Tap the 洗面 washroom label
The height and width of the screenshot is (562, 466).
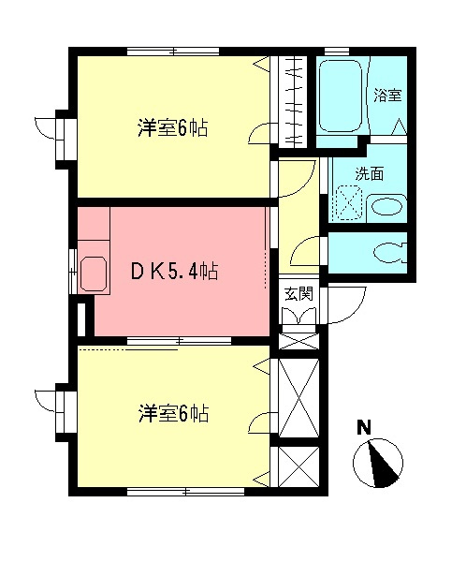[368, 173]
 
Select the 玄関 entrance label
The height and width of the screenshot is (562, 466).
[299, 293]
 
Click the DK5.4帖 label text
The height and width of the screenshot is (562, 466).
[174, 273]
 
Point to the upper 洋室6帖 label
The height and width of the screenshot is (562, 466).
[173, 128]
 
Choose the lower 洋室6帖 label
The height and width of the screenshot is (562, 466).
[173, 413]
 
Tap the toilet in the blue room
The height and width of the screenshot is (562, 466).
[387, 252]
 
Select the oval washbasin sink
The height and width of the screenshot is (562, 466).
[385, 207]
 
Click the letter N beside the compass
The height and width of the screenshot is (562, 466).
[365, 428]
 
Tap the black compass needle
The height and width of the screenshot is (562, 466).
[382, 466]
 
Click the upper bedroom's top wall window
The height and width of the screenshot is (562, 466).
[173, 51]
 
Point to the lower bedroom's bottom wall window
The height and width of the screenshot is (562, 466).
[173, 491]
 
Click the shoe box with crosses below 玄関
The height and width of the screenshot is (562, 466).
[299, 338]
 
